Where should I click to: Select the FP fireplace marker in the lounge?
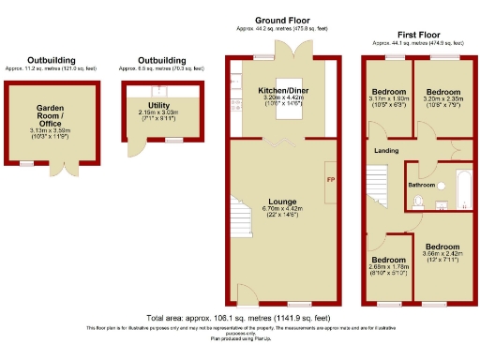pyautogui.click(x=329, y=179)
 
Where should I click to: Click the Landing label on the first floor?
pyautogui.click(x=385, y=150)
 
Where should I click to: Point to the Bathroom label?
pyautogui.click(x=421, y=186)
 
